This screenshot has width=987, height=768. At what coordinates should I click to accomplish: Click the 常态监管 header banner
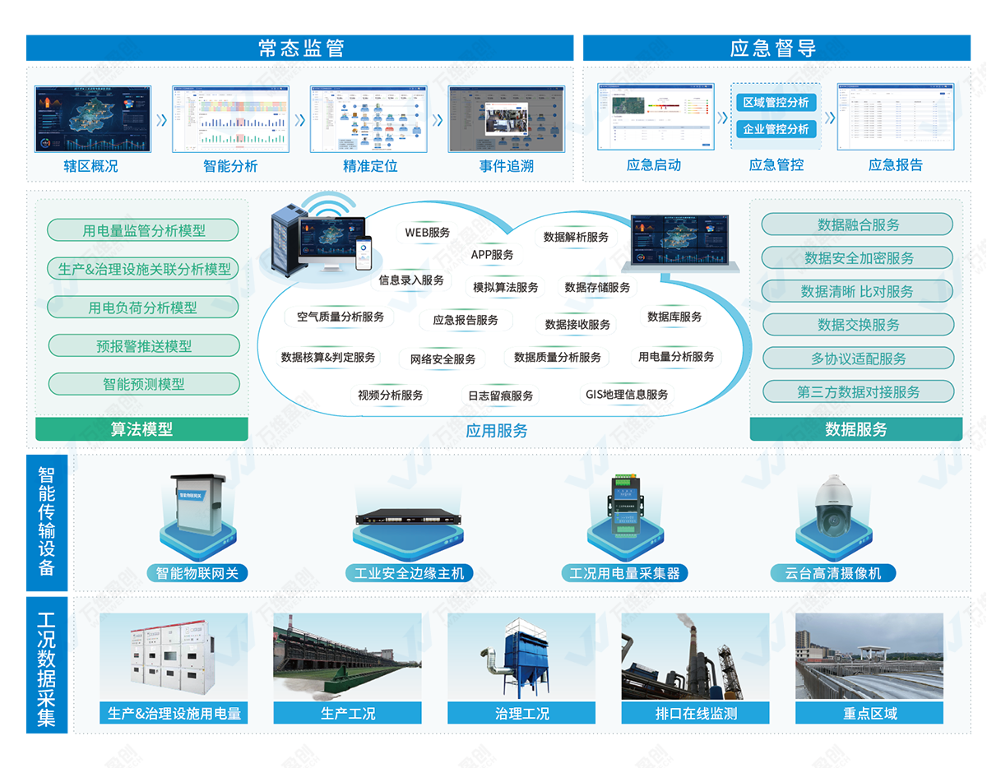click(x=299, y=48)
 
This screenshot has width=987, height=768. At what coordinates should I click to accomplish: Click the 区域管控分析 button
click(x=776, y=103)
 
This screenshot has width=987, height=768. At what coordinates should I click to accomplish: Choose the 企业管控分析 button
click(x=776, y=129)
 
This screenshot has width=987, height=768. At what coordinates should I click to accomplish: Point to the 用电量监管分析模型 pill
click(x=143, y=230)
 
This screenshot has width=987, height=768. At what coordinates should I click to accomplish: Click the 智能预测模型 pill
click(x=143, y=384)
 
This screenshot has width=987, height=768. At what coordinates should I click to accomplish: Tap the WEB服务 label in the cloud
click(x=427, y=233)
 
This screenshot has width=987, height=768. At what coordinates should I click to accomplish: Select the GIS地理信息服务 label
click(x=627, y=395)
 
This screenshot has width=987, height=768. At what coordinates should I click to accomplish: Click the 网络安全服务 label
click(x=443, y=359)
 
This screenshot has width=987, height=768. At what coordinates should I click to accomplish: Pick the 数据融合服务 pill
click(x=857, y=224)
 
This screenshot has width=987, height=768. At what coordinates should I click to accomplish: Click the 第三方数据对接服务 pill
click(x=857, y=392)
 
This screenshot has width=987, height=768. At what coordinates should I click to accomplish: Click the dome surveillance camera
click(x=834, y=506)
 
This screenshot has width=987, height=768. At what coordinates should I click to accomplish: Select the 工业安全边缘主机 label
click(x=409, y=573)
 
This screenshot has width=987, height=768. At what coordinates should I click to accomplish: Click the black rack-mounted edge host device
click(x=409, y=518)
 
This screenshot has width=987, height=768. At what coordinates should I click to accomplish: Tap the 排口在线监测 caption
click(x=696, y=714)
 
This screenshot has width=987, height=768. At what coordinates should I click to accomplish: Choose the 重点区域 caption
click(x=869, y=714)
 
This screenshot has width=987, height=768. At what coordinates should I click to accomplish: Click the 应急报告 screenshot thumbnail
click(x=896, y=117)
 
